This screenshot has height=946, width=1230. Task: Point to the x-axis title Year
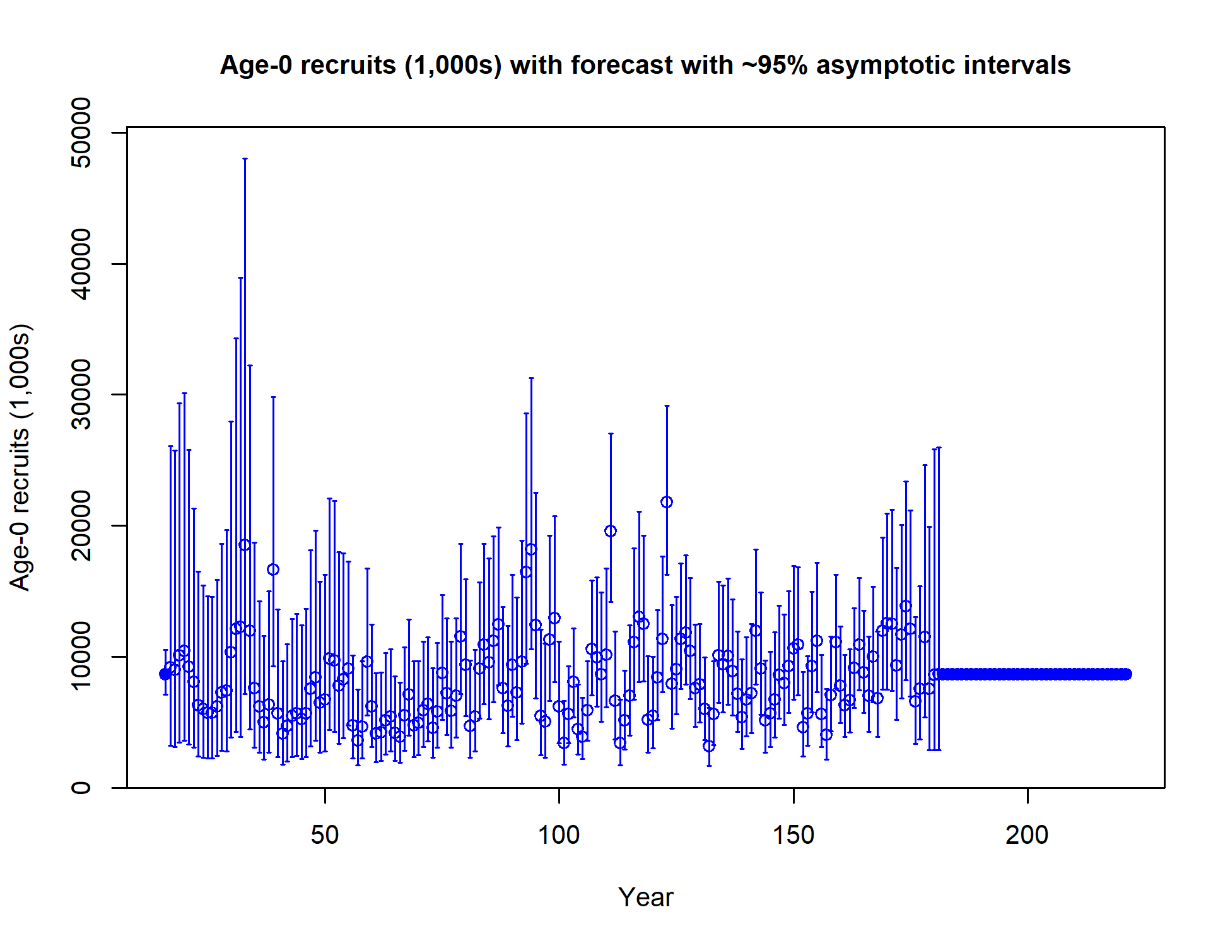[645, 897]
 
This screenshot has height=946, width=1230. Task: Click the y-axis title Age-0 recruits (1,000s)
[21, 457]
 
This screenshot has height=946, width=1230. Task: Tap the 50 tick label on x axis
[325, 835]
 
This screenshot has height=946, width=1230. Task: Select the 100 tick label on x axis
[559, 835]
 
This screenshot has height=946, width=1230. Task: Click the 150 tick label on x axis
[794, 835]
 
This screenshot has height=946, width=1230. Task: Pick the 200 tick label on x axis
[1028, 835]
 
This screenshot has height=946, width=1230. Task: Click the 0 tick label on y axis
[81, 787]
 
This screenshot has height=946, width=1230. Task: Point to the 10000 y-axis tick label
[81, 657]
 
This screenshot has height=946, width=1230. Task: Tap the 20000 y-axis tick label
[81, 525]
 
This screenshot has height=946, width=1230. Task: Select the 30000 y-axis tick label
[81, 394]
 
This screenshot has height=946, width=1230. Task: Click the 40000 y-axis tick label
[81, 264]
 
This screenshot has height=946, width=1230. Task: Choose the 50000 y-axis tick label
[81, 132]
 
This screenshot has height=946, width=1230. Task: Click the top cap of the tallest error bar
[245, 159]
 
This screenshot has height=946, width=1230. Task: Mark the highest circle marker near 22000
[667, 502]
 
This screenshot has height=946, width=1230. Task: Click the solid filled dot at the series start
[165, 674]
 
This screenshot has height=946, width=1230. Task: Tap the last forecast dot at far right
[1126, 674]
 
